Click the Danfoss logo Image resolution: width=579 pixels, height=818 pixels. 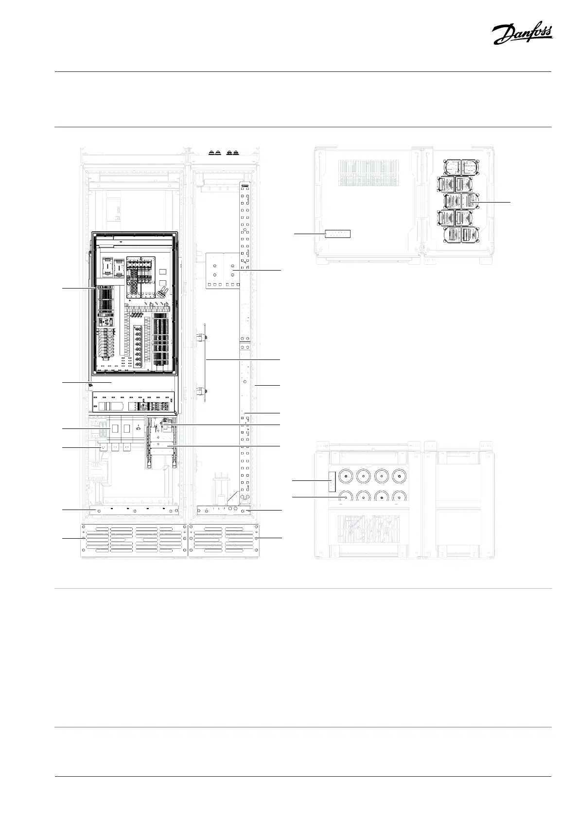522,34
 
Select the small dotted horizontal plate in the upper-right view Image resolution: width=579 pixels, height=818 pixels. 337,234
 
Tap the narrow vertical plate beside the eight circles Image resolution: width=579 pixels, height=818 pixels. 332,481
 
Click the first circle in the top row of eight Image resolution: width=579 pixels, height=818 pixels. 345,476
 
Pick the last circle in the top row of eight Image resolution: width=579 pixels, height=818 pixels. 399,476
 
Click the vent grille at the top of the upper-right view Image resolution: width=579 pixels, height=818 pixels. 368,173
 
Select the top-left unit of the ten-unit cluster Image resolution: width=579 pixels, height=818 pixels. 453,167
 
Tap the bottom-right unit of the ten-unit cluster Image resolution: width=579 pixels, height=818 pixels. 470,235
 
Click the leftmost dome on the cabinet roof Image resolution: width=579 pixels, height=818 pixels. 211,152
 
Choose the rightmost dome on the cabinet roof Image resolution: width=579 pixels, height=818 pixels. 236,152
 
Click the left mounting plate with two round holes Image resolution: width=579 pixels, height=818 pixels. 214,270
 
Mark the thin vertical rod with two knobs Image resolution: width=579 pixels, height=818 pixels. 205,362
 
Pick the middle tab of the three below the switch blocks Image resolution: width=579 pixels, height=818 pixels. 115,447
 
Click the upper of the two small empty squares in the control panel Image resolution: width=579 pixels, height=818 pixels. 163,272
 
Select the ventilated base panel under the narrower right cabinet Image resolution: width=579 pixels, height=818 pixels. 224,540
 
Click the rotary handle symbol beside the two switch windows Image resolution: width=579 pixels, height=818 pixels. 138,428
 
